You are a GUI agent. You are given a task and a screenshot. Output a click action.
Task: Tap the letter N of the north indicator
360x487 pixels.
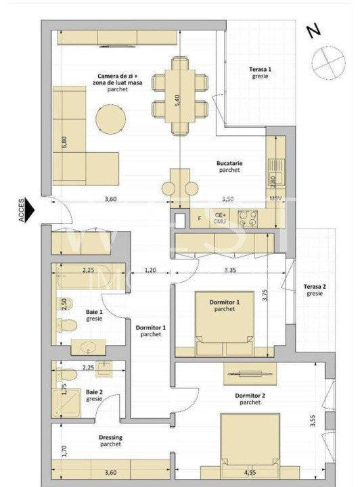(x=312, y=31)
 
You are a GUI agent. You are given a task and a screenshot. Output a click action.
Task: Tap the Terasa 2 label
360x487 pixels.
(x=314, y=290)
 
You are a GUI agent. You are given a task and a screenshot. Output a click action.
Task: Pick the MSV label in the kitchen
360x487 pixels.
(x=275, y=199)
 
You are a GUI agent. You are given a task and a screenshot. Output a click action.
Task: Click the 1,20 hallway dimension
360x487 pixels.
(x=150, y=270)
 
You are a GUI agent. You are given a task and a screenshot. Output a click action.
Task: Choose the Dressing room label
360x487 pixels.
(x=106, y=440)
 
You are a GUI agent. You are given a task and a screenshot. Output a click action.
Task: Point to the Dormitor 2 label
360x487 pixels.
(x=250, y=398)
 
